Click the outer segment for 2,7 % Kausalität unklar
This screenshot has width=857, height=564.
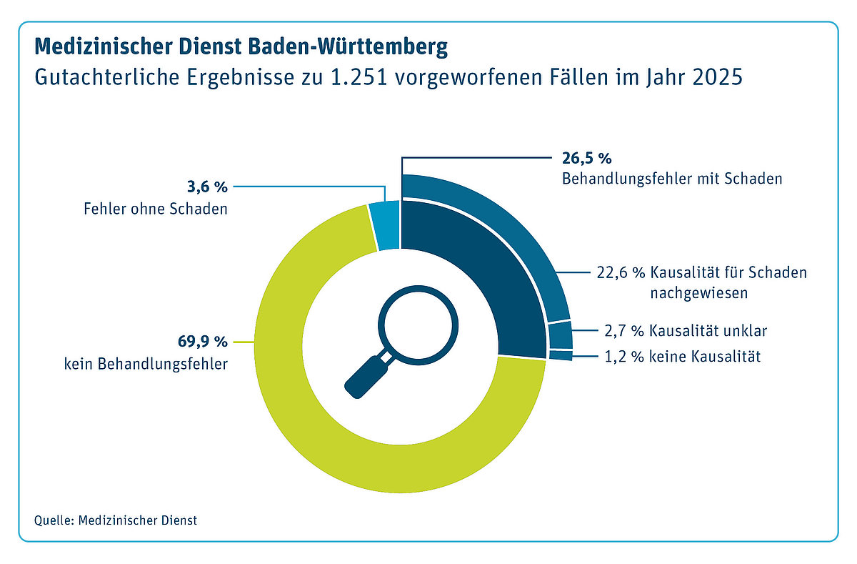coord(561,335)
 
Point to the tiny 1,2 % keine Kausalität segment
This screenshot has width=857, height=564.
coord(561,355)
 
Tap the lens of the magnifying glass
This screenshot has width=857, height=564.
coord(419,325)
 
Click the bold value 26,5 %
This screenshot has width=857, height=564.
coord(586,158)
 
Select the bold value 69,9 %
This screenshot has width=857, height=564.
coord(202,341)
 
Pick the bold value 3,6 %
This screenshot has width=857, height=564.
coord(207,187)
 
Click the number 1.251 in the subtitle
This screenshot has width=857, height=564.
coord(359,77)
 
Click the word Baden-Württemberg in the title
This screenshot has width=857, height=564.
coord(348,46)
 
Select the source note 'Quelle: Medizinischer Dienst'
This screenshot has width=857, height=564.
coord(116,520)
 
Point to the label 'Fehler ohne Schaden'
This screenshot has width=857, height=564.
coord(156,209)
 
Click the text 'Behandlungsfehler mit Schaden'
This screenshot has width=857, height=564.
coord(672,179)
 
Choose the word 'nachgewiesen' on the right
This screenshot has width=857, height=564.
coord(699,293)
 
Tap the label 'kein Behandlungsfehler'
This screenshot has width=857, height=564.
coord(146,364)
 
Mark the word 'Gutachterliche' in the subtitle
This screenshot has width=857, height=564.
coord(106,77)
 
